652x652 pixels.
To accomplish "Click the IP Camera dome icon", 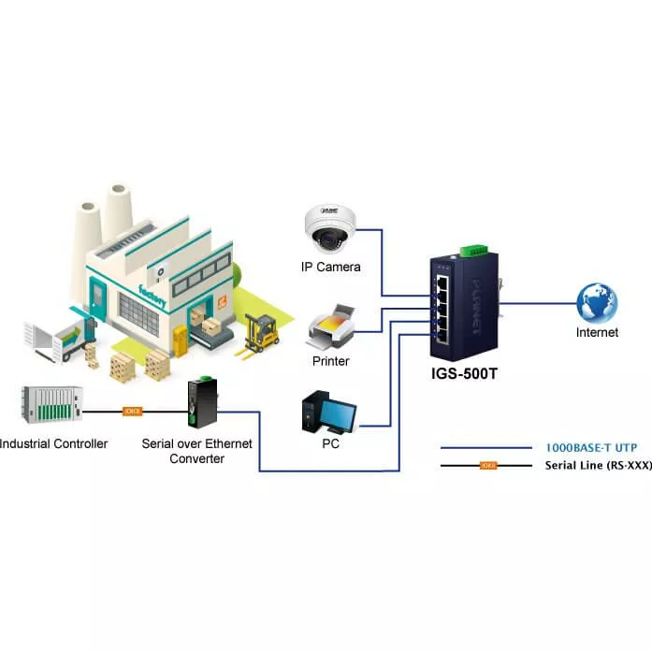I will tap(330, 229).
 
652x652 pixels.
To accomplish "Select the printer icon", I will tap(330, 326).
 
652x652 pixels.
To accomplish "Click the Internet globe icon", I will tap(597, 303).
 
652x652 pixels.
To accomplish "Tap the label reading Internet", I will tap(597, 332).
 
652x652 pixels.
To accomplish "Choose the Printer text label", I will tap(330, 360).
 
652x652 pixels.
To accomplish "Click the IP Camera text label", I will tap(330, 267).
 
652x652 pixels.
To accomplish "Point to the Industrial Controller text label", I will tap(54, 442).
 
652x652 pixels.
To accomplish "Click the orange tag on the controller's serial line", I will tap(132, 411).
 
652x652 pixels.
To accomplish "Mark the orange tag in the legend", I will tap(487, 465).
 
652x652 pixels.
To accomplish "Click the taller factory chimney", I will tap(116, 211).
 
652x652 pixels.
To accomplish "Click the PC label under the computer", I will tap(330, 443).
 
